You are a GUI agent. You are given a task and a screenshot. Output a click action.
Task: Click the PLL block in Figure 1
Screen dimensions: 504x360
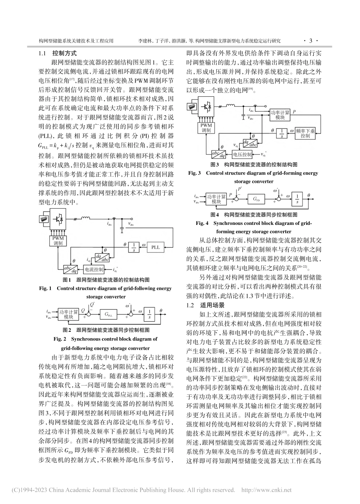click(x=155, y=247)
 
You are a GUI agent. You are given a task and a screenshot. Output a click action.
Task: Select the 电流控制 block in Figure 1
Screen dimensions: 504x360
click(x=94, y=270)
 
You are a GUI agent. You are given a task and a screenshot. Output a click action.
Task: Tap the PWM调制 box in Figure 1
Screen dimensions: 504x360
click(x=58, y=241)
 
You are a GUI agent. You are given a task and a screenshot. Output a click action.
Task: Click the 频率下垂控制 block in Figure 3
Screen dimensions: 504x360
click(x=302, y=133)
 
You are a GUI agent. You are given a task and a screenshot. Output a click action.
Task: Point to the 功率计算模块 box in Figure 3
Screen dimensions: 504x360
click(x=280, y=115)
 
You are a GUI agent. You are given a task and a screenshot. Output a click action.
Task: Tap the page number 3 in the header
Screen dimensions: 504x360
click(x=311, y=41)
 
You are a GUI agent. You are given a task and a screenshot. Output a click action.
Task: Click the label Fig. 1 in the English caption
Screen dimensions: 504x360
click(x=45, y=289)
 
